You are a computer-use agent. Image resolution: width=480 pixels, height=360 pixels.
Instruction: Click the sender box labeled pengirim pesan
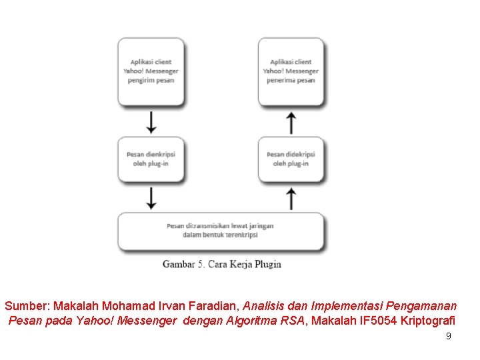tap(151, 71)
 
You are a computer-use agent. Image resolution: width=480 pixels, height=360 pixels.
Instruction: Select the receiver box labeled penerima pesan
tap(291, 71)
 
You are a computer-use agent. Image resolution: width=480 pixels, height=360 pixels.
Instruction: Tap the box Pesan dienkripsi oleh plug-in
tap(151, 159)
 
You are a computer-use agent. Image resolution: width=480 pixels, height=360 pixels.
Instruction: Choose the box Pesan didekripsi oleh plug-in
tap(291, 159)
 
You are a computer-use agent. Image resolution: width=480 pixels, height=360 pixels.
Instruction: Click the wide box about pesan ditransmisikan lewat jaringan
tap(221, 231)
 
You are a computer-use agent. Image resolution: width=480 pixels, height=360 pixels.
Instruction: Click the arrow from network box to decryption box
tap(291, 197)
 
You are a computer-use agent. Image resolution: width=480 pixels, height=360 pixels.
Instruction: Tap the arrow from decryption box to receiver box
tap(291, 122)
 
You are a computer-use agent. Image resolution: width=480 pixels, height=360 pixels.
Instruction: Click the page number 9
tap(448, 336)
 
